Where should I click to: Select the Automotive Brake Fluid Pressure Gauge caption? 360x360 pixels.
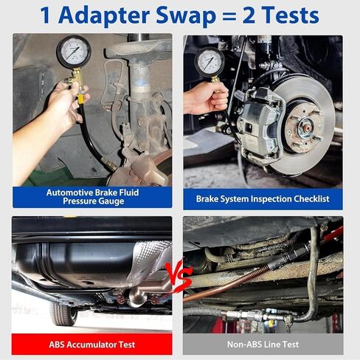92,196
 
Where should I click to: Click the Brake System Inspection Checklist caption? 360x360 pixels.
263,198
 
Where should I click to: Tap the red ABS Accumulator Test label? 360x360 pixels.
92,344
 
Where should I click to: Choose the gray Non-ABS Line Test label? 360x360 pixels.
263,344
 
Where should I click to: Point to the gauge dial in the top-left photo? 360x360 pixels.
74,52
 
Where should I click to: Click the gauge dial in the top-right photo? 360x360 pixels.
210,62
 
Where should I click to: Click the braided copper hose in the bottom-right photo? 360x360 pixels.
229,284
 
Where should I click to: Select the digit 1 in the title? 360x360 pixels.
47,15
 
